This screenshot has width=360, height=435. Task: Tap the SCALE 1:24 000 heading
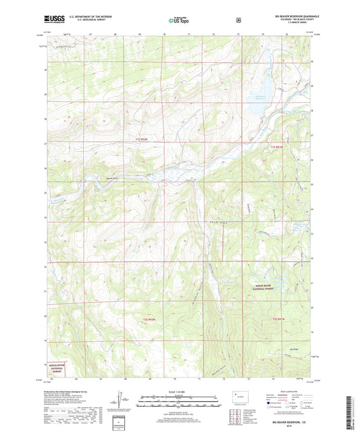tap(179, 392)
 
